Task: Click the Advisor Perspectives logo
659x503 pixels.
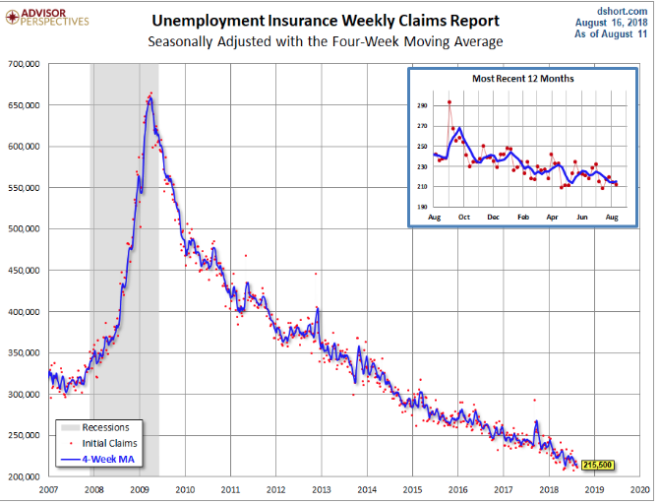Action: point(47,16)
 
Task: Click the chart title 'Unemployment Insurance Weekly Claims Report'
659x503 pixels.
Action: point(326,21)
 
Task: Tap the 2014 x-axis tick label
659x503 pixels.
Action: point(367,489)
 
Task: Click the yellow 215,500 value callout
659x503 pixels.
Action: point(599,464)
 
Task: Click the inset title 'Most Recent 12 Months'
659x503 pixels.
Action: point(521,78)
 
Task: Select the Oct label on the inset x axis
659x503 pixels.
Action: point(463,216)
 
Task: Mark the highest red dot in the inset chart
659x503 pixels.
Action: point(449,101)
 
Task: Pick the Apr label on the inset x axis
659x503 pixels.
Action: point(553,216)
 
